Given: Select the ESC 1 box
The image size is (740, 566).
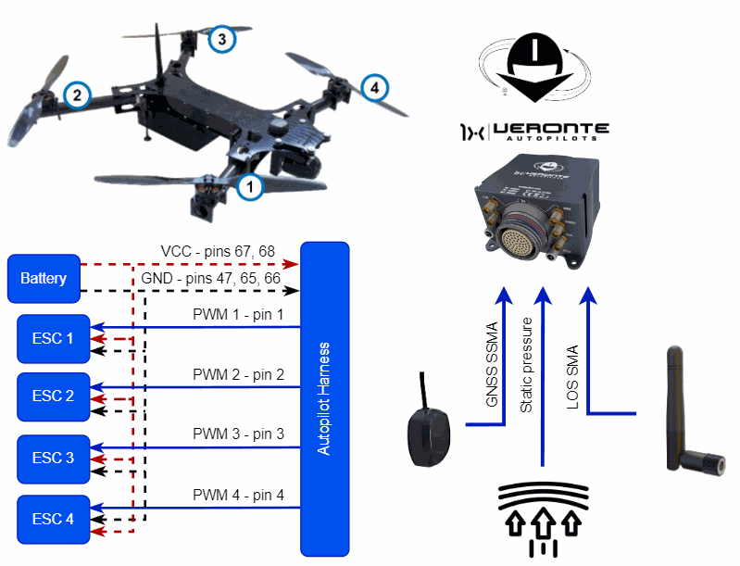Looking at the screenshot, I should tap(54, 338).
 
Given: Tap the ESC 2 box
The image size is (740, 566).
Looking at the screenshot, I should tap(54, 396).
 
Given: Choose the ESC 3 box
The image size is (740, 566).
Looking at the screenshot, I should tap(54, 458).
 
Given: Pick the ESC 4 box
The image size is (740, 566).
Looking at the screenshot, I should tap(54, 519).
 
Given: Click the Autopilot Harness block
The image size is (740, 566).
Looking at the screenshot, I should tap(324, 398).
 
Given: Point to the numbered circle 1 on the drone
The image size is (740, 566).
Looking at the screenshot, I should tap(249, 187).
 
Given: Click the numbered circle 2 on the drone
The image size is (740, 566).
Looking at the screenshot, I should tap(77, 94).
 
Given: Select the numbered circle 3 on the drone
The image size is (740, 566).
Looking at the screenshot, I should tap(220, 39).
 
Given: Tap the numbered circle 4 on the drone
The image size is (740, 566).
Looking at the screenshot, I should tap(373, 88).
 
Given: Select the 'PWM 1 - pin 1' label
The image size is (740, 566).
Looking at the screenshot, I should tap(238, 316).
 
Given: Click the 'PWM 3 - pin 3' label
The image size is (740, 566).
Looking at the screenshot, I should tap(238, 434).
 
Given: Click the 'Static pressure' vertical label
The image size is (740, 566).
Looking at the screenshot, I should tap(528, 365).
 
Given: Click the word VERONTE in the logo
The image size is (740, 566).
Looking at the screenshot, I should tap(550, 129).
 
